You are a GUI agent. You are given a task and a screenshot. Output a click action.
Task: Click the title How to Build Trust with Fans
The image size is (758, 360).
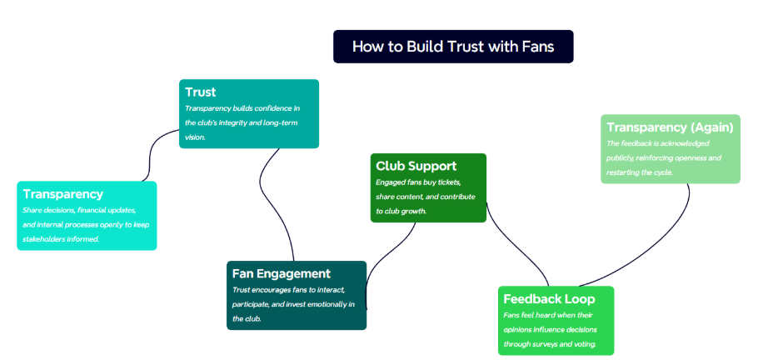tap(453, 47)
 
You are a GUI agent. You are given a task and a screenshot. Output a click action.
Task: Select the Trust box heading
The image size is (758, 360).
tap(200, 92)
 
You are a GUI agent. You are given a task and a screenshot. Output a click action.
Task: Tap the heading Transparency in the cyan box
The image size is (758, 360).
tap(62, 194)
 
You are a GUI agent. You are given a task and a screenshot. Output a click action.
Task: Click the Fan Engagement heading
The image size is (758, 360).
tap(281, 273)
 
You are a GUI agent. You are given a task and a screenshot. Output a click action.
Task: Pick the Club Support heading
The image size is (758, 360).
tap(416, 166)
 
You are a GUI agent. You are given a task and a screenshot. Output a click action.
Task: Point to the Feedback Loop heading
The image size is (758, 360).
tap(549, 298)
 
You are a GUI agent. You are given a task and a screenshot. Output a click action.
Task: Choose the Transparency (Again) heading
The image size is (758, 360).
tap(670, 127)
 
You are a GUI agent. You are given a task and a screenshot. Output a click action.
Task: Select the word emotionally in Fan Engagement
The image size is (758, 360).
tap(329, 304)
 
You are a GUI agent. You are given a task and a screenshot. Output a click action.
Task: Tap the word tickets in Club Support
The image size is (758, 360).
tap(451, 182)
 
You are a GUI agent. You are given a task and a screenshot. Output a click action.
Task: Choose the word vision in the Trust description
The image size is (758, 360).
tap(195, 137)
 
